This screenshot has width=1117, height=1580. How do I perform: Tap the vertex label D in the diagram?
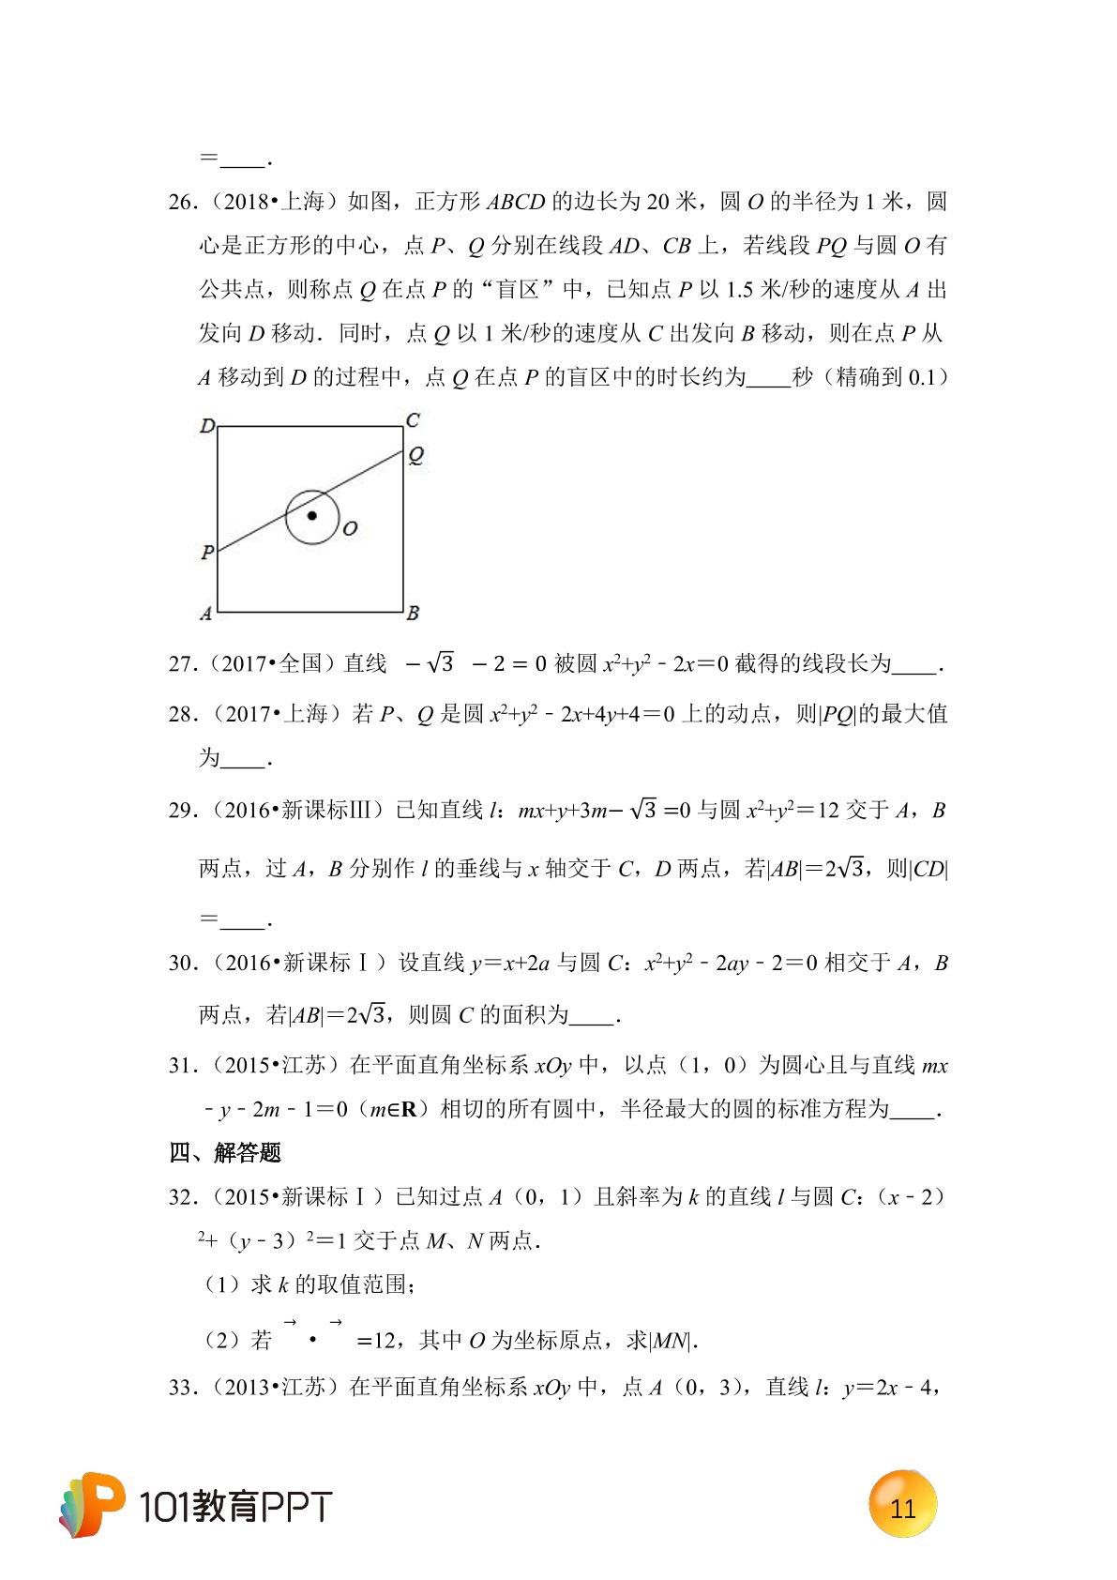pyautogui.click(x=207, y=427)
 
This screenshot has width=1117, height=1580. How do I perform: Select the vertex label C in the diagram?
pyautogui.click(x=413, y=420)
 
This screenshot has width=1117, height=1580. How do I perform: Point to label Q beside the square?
pyautogui.click(x=415, y=456)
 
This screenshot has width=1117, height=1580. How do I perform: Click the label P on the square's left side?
pyautogui.click(x=207, y=553)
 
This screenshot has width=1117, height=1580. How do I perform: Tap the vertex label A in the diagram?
pyautogui.click(x=205, y=615)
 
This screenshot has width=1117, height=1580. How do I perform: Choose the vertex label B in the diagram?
pyautogui.click(x=413, y=615)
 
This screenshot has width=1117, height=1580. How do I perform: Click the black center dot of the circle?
pyautogui.click(x=312, y=515)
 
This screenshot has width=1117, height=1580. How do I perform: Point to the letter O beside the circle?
pyautogui.click(x=350, y=529)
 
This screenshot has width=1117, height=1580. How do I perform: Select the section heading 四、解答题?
pyautogui.click(x=225, y=1153)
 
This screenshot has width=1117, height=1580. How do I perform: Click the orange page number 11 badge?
pyautogui.click(x=902, y=1509)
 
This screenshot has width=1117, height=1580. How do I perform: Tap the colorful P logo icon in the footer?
pyautogui.click(x=93, y=1504)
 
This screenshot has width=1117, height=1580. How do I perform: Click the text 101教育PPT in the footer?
pyautogui.click(x=234, y=1508)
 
